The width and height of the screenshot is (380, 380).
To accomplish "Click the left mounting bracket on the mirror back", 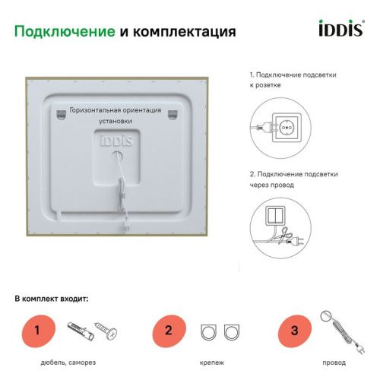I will pyautogui.click(x=59, y=115).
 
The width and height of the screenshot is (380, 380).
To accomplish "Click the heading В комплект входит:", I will pyautogui.click(x=52, y=299).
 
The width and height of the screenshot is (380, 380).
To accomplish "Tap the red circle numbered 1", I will pyautogui.click(x=46, y=331).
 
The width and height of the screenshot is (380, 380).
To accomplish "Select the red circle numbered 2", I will pyautogui.click(x=169, y=331).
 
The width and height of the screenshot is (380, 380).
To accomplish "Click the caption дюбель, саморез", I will pyautogui.click(x=68, y=363).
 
